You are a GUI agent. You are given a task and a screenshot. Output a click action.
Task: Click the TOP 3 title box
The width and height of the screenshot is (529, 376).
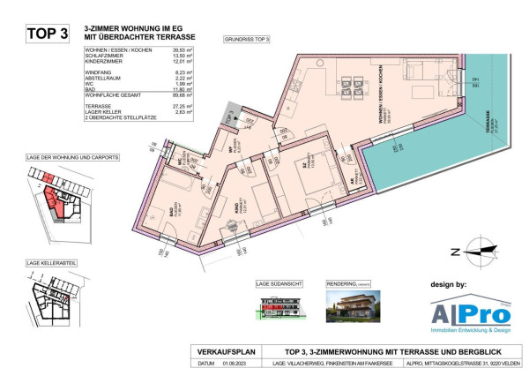tap(48, 34)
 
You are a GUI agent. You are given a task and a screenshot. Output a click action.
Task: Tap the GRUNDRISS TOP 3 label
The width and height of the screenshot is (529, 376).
tap(247, 40)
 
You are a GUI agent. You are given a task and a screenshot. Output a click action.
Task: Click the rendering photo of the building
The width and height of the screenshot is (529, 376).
tap(353, 305)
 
